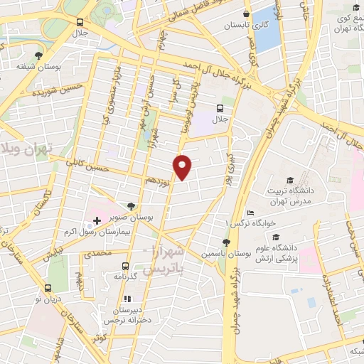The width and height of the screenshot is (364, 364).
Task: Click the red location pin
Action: coord(183,166)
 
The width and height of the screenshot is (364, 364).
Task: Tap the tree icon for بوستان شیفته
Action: coord(38,55)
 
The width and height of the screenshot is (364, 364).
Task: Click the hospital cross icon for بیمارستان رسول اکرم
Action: coord(97,221)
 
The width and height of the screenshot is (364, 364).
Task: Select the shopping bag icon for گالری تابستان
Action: coord(246,14)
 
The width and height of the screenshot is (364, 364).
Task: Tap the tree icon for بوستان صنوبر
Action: coord(129,205)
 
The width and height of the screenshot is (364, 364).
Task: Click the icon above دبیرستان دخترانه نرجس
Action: coord(128,299)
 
